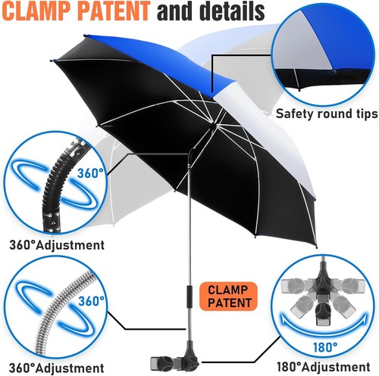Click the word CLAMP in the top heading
(37, 11)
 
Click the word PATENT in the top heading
(114, 11)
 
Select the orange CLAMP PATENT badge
(228, 296)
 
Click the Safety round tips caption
(327, 113)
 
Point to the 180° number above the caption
(325, 347)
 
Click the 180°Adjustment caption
(324, 367)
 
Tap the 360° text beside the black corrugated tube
(90, 173)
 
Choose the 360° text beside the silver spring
(91, 300)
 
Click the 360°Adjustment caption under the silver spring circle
(57, 368)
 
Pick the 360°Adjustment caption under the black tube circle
(57, 245)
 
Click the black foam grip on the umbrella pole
(189, 297)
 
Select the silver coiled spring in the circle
(63, 310)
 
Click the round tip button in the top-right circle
(334, 72)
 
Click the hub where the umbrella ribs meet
(213, 122)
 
